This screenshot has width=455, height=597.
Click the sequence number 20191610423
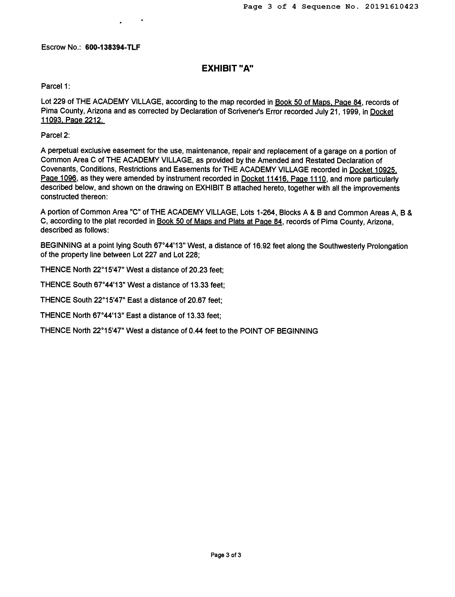[x=392, y=7]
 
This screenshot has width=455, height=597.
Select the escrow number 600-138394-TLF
[x=113, y=47]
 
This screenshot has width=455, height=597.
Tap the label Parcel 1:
[x=55, y=86]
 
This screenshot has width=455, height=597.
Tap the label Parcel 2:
[x=55, y=135]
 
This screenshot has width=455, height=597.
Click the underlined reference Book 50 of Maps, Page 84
[x=318, y=102]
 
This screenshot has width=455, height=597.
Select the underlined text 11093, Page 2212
[x=72, y=120]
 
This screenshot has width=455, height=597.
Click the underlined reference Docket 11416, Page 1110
[x=283, y=179]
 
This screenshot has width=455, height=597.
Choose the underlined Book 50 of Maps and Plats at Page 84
[x=219, y=221]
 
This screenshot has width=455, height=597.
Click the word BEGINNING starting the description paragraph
[x=61, y=246]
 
